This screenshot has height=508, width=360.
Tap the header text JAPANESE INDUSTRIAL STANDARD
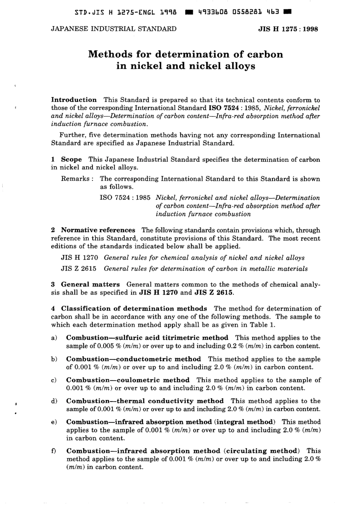coord(114,29)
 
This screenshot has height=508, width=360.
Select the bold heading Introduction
coord(74,100)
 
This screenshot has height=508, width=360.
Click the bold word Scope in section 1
coord(72,159)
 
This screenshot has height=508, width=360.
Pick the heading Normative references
coord(98,230)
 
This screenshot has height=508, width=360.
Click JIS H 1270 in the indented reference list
coord(80,258)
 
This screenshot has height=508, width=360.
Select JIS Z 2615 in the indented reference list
coord(79,269)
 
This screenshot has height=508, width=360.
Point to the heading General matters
coord(90,284)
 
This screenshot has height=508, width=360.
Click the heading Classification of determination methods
coord(134,309)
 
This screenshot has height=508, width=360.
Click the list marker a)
coord(54,338)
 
